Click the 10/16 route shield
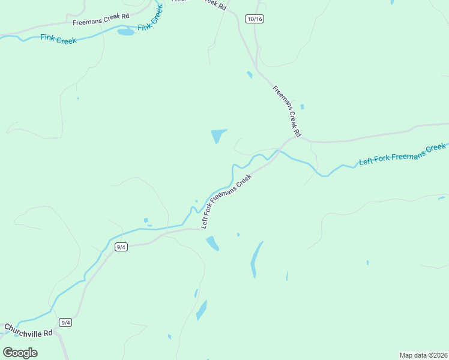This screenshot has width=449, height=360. click(255, 19)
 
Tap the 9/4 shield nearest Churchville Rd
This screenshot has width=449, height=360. click(65, 323)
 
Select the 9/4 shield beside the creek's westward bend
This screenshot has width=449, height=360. click(121, 247)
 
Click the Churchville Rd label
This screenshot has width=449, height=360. click(28, 330)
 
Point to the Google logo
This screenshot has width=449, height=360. click(20, 352)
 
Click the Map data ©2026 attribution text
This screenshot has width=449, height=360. click(423, 355)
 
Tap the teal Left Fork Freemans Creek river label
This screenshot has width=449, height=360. click(402, 155)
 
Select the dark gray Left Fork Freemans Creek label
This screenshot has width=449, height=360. click(226, 202)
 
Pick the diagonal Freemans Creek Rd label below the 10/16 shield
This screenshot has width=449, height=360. click(286, 111)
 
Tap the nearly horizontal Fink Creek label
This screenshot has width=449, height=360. click(58, 39)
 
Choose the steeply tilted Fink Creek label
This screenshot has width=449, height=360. click(150, 18)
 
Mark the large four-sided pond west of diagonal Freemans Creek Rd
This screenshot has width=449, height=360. click(218, 136)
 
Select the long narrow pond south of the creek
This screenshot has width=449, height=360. click(256, 259)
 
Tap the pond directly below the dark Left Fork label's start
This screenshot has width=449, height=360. click(212, 243)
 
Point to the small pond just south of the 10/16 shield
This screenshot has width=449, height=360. click(249, 75)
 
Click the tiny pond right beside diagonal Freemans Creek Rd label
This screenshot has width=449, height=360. click(302, 107)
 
